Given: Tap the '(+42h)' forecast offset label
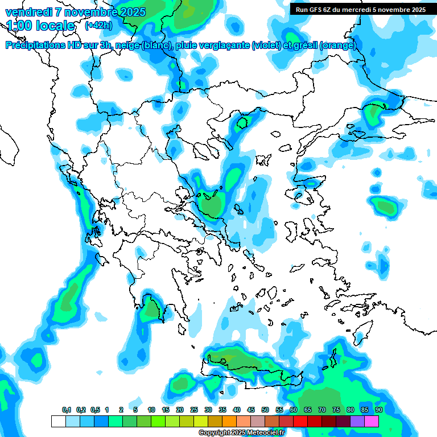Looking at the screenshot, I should pyautogui.click(x=98, y=25).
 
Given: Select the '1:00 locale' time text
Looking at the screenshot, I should pyautogui.click(x=41, y=26).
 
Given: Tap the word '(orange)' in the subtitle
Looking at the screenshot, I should pyautogui.click(x=339, y=46).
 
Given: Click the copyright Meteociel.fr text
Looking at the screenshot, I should pyautogui.click(x=241, y=432).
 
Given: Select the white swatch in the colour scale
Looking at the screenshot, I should pyautogui.click(x=58, y=421).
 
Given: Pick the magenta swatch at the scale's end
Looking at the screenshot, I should pyautogui.click(x=372, y=421).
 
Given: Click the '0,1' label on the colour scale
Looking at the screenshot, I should pyautogui.click(x=67, y=410).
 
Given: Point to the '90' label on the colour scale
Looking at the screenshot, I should pyautogui.click(x=378, y=410).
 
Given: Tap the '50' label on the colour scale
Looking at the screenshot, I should pyautogui.click(x=265, y=410).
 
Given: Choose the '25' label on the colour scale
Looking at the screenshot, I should pyautogui.click(x=194, y=410).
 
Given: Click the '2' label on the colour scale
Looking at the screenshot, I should pyautogui.click(x=121, y=410).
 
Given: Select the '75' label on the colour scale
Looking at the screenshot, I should pyautogui.click(x=336, y=410).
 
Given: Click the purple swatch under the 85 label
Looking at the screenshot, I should pyautogui.click(x=357, y=421).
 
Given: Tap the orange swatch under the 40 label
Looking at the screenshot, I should pyautogui.click(x=229, y=421).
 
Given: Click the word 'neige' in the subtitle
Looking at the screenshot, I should pyautogui.click(x=127, y=46).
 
